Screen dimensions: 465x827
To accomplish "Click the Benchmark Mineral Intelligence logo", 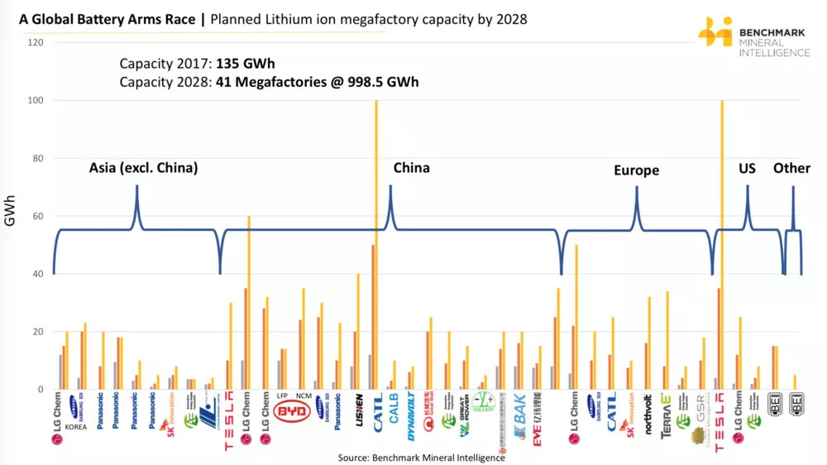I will pos(753,36).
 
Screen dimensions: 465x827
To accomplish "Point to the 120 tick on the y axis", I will pos(37,42).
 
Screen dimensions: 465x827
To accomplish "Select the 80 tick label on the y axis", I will pos(37,158).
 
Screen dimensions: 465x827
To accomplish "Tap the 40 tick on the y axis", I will pos(37,274).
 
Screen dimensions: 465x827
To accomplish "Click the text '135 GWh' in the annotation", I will pos(245,64).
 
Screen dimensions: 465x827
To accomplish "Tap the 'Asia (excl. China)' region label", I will pos(143,168).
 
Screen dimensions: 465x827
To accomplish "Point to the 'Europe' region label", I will pos(636,170).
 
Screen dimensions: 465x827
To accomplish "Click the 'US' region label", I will pos(747,168).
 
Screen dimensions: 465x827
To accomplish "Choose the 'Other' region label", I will pos(791,168).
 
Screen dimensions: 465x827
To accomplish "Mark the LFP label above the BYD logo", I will pos(281,396).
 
